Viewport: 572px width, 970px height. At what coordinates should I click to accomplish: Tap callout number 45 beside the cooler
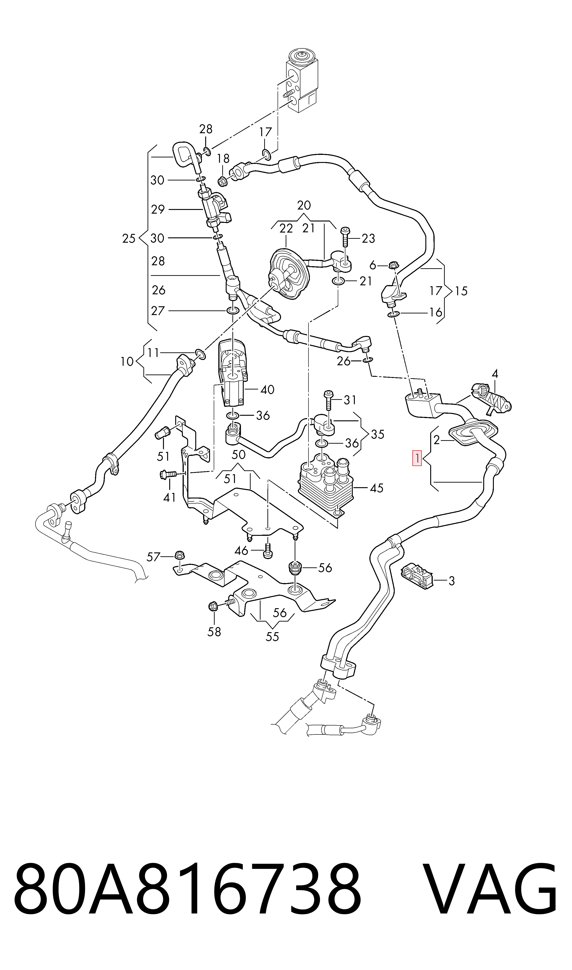376,488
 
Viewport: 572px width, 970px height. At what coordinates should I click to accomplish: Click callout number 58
214,631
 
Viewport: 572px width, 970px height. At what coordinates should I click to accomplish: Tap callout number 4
495,373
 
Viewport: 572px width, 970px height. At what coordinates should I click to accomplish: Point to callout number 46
241,551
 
